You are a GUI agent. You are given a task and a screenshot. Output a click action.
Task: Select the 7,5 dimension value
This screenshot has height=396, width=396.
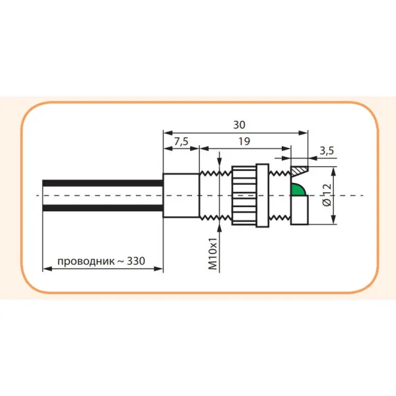click(180, 141)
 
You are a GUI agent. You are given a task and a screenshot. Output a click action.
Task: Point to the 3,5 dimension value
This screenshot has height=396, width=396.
click(326, 150)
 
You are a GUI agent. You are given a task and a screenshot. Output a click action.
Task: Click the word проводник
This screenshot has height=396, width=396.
click(85, 261)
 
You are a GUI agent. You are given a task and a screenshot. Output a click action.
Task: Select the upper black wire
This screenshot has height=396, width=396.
click(102, 183)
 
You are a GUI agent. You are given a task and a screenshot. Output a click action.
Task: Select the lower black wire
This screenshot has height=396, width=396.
click(102, 209)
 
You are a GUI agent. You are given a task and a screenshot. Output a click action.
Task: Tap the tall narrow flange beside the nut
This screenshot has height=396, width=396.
click(263, 195)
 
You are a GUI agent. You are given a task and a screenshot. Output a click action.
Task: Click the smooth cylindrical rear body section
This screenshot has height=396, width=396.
click(180, 195)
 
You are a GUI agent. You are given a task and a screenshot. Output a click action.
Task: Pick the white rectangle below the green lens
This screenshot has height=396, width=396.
click(300, 211)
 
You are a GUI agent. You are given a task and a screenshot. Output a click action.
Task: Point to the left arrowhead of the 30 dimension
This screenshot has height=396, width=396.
click(166, 132)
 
